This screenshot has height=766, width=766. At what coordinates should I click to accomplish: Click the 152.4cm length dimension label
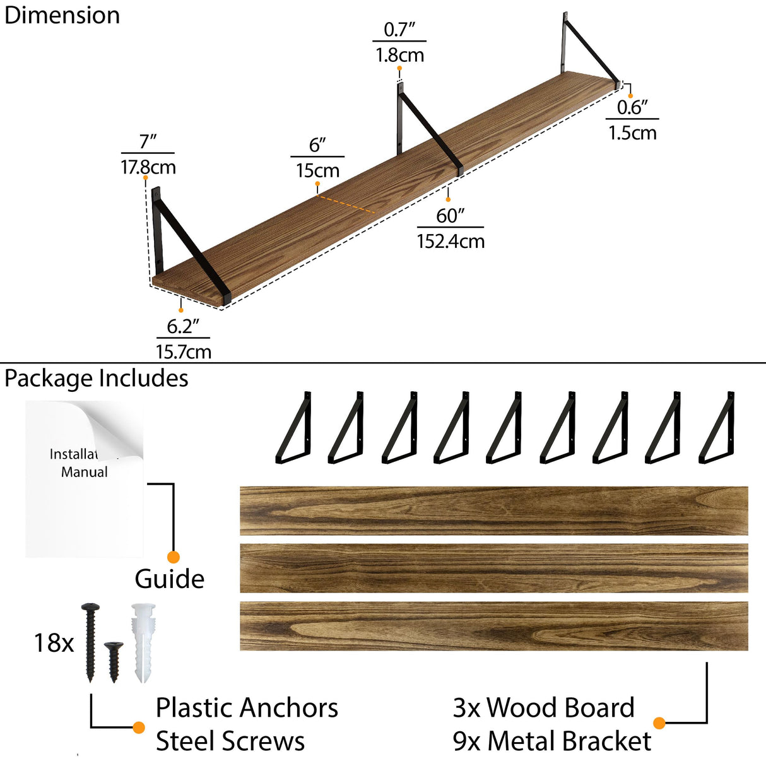pos(451,241)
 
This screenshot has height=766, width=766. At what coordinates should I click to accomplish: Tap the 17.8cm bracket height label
pos(148,167)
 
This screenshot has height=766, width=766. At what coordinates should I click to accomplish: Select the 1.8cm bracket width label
pos(399,55)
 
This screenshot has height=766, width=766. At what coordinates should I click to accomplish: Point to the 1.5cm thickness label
pos(632,133)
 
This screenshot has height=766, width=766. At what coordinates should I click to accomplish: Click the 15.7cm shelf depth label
pos(184,351)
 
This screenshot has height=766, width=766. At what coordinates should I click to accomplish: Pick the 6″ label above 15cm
pos(317,145)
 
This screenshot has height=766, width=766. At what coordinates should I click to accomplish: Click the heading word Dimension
pos(62,15)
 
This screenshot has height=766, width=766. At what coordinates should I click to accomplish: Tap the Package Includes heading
pos(96,378)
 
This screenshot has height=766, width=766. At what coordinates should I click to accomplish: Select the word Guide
pos(169,579)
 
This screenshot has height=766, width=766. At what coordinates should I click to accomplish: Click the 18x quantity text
pos(54,643)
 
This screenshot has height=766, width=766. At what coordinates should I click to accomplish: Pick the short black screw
pos(114,661)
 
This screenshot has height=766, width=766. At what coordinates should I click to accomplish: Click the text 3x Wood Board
pos(543,708)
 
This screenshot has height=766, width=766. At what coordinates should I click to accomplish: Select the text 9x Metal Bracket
pos(551,741)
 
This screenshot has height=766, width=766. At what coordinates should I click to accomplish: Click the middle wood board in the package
pos(493,568)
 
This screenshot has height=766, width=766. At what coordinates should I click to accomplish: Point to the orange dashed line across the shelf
pos(345,204)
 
